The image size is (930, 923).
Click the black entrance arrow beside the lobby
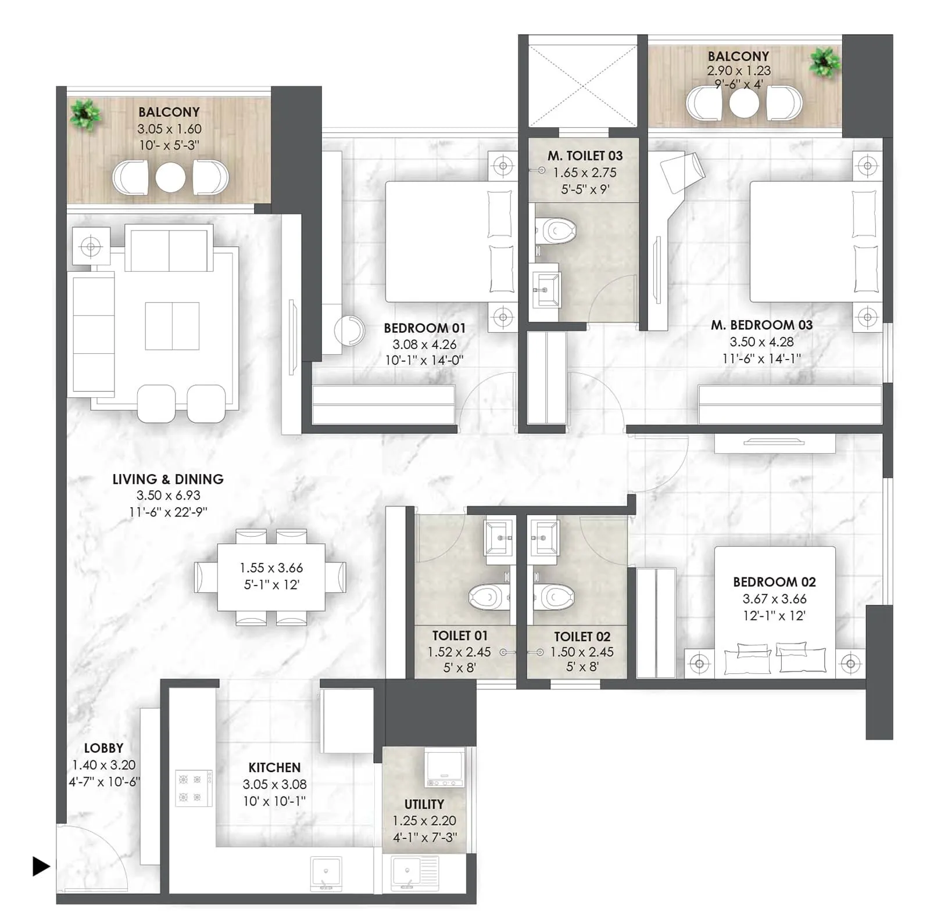click(x=41, y=866)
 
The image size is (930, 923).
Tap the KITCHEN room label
click(x=274, y=767)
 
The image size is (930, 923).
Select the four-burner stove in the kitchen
click(x=194, y=788)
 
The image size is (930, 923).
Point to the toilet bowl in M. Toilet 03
click(x=557, y=231)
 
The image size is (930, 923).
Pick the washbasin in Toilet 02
click(x=545, y=538)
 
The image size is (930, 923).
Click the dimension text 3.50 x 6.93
click(x=168, y=495)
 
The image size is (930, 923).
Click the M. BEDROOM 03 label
click(x=761, y=325)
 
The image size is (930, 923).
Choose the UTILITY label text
click(x=424, y=804)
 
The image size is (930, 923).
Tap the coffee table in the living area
click(x=172, y=326)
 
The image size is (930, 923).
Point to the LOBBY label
click(x=103, y=748)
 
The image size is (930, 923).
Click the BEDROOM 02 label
click(x=774, y=582)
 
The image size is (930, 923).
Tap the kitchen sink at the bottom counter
click(x=326, y=872)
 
